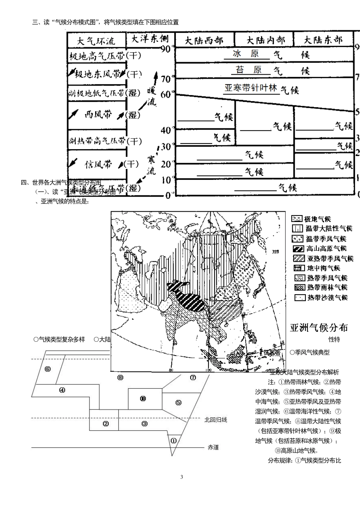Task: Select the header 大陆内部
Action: (265, 40)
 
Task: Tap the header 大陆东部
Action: (323, 40)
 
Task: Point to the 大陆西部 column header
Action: (203, 41)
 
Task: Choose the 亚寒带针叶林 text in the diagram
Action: (251, 88)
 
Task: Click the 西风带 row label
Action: (98, 114)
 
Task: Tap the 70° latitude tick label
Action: (167, 79)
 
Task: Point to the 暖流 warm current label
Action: (151, 96)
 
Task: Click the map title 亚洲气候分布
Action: (319, 327)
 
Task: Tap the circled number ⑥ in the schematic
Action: (47, 369)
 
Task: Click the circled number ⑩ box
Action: (143, 398)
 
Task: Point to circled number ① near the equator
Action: (174, 440)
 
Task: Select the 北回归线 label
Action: (216, 419)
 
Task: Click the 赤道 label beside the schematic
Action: (213, 447)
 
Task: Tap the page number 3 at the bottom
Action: (182, 477)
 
